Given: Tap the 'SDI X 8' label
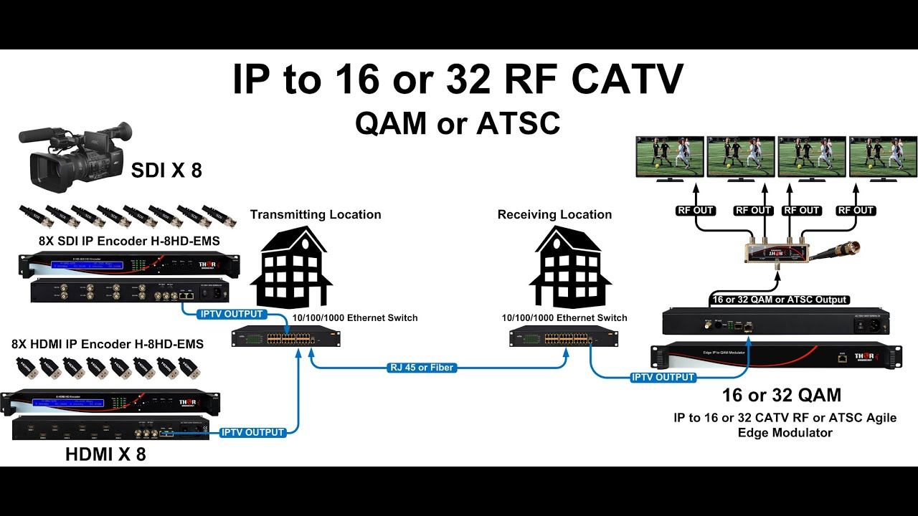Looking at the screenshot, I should pos(166,170).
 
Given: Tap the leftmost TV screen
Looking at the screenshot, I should pos(670,157).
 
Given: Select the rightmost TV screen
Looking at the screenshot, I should pos(881,157).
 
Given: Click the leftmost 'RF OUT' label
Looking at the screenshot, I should pos(694,211).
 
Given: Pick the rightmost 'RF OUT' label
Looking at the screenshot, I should pos(856,211).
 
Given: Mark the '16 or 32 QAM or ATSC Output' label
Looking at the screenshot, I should pos(780,300).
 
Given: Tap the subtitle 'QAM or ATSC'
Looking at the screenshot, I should pos(458,123).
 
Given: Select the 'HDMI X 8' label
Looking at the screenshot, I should pos(105,454).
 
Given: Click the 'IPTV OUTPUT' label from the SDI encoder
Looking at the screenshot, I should pos(232,314).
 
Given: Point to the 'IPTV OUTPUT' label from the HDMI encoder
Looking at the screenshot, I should pos(253,432).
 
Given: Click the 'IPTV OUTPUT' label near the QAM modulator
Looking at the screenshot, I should pos(663,377).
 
